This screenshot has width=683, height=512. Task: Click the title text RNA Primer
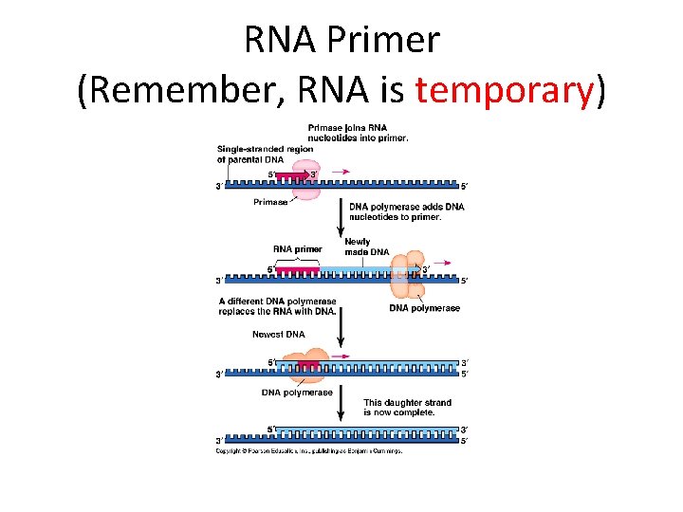coord(341,39)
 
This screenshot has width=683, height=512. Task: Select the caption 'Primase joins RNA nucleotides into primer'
coord(358,133)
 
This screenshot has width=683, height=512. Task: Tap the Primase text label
coord(270,202)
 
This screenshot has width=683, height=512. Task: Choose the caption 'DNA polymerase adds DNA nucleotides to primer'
coord(406,211)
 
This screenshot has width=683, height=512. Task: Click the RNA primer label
coord(297,249)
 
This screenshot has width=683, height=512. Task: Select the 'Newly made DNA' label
coord(366,247)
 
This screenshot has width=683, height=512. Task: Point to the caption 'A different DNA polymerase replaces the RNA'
coord(277,307)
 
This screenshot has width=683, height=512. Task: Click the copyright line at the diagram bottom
coord(309,451)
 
